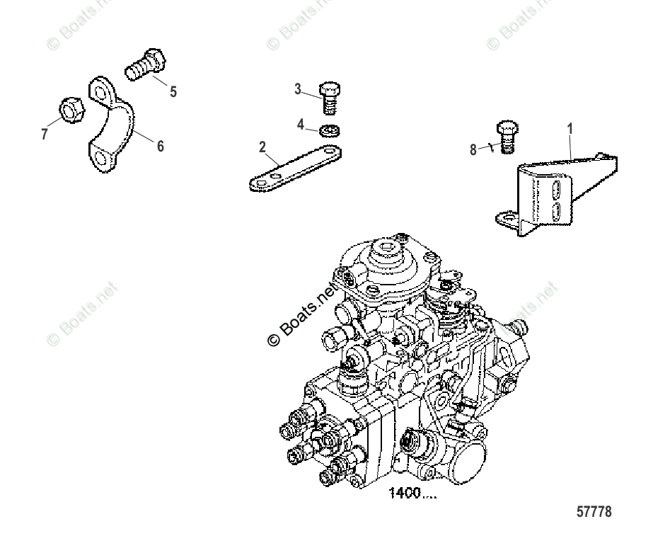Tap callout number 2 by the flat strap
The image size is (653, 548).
pyautogui.click(x=262, y=147)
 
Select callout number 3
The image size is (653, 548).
pyautogui.click(x=298, y=89)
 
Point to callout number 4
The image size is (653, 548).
pyautogui.click(x=300, y=125)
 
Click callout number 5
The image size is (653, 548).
pyautogui.click(x=173, y=91)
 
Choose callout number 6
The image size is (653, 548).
pyautogui.click(x=160, y=146)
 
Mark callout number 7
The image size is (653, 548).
pyautogui.click(x=45, y=134)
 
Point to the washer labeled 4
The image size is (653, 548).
pyautogui.click(x=329, y=130)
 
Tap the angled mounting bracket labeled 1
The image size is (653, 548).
pyautogui.click(x=559, y=195)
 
